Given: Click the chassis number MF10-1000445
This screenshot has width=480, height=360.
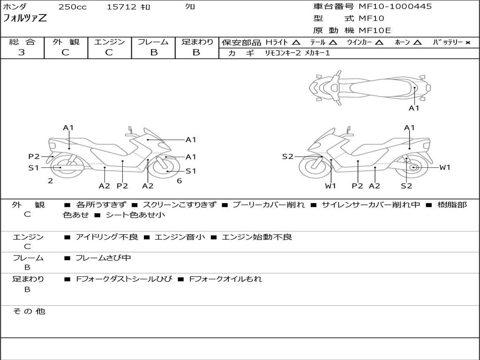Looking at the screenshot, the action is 395,7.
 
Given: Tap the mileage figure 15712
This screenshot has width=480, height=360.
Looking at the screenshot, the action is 121,7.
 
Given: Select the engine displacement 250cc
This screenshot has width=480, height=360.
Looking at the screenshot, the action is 72,7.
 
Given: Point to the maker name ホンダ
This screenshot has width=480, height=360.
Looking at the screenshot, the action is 15,7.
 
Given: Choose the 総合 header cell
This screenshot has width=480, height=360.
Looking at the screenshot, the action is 22,42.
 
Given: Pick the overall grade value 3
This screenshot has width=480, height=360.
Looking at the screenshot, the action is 22,52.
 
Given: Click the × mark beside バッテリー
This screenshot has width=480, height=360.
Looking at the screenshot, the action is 467,43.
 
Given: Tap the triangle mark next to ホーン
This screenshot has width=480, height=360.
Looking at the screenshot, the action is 417,43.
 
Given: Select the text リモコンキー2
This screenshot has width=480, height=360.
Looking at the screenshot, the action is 283,53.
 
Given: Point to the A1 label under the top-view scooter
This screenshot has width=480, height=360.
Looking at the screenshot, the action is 414,108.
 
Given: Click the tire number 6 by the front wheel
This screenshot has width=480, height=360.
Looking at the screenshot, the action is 179,181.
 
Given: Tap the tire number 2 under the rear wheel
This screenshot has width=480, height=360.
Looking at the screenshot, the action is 50,180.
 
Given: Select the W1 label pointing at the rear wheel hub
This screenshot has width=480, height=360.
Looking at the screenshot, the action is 444,167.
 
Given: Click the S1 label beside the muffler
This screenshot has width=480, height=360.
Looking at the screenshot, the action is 33,167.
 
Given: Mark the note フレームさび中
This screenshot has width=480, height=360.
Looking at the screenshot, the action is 103,258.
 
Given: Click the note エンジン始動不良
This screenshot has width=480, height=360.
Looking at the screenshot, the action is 256,237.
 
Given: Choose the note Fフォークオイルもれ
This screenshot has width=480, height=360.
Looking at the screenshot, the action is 225,279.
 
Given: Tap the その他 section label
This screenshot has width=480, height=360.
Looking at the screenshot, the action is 28,311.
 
